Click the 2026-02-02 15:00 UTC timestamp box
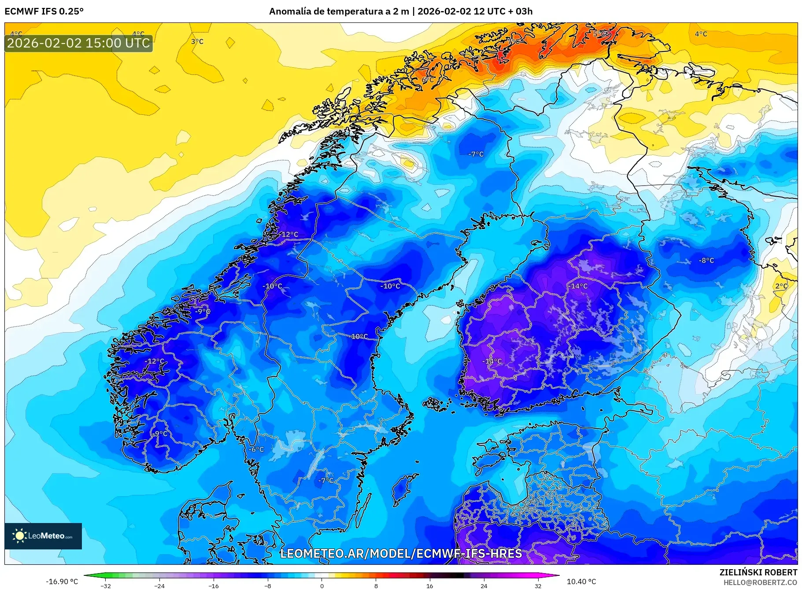tap(78, 43)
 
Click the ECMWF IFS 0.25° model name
tap(44, 11)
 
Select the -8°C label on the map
tap(706, 260)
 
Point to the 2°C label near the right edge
tap(781, 286)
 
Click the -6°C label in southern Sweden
tap(256, 449)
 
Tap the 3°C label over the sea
tap(197, 41)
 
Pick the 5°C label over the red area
tap(599, 33)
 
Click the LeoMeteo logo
tap(43, 536)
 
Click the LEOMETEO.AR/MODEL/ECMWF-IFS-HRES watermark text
tap(401, 553)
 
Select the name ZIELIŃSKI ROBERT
tap(758, 572)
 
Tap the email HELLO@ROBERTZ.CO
tap(760, 582)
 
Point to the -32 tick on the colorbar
tap(106, 585)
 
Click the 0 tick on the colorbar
tap(322, 585)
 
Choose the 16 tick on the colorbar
tap(429, 585)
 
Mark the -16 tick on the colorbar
tap(214, 585)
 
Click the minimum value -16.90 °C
tap(62, 582)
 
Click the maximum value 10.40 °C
tap(581, 582)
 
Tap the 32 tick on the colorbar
tap(538, 585)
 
